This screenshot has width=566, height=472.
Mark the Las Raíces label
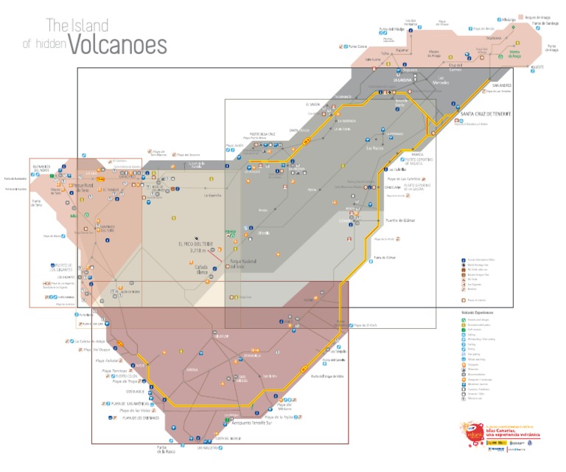377,147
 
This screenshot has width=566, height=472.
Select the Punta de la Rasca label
163,449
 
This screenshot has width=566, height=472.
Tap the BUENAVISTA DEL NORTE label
41,169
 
